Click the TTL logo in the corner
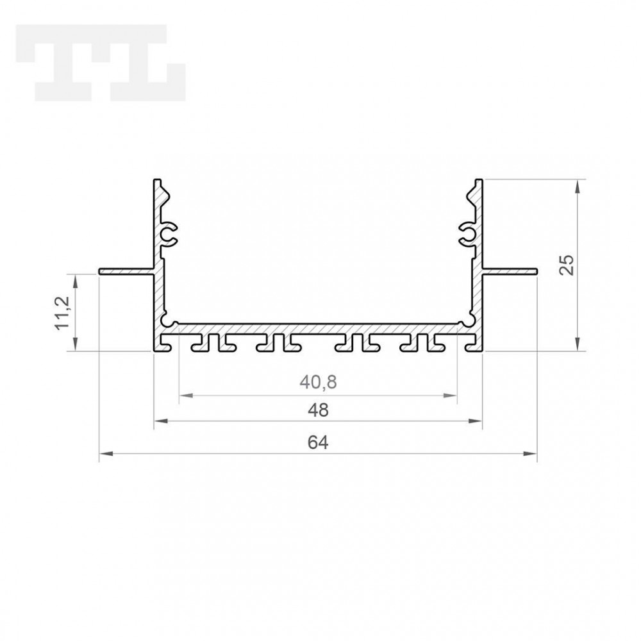tap(99, 63)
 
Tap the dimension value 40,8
tap(318, 383)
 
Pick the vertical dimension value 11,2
tap(63, 313)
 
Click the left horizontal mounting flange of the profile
tap(126, 272)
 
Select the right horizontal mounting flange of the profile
tap(510, 272)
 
